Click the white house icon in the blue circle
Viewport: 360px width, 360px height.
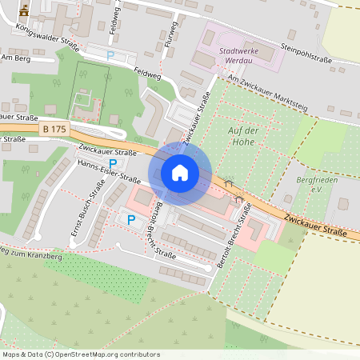point(180,172)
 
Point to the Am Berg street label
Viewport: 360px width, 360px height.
point(17,58)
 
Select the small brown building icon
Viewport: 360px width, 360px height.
point(24,10)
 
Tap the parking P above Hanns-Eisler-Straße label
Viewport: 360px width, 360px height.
point(113,162)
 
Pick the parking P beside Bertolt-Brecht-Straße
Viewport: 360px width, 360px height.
point(131,218)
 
